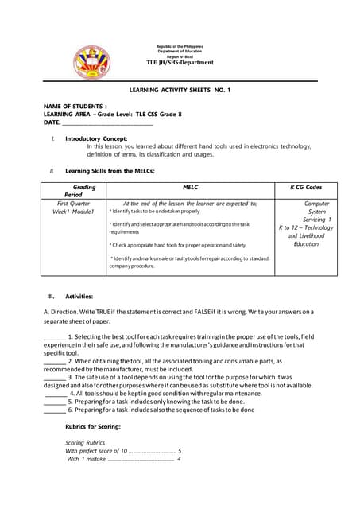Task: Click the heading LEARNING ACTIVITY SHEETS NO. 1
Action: tap(179, 91)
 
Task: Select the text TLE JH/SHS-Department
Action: tap(180, 62)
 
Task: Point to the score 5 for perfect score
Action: tap(180, 450)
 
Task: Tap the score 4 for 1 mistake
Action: tap(180, 459)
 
